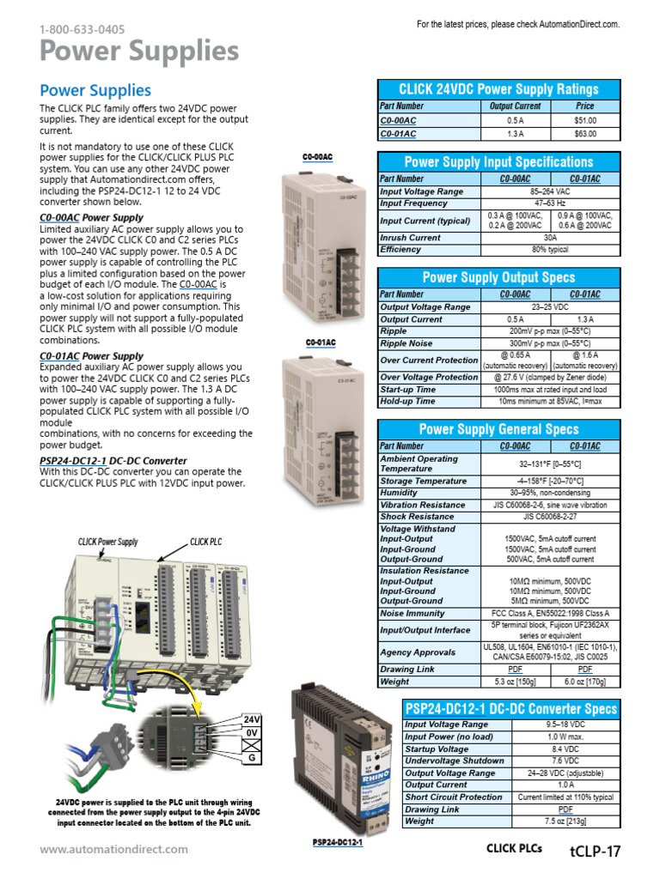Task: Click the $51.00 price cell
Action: pyautogui.click(x=584, y=121)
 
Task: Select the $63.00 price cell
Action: pyautogui.click(x=584, y=134)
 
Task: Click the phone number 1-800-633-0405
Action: pyautogui.click(x=82, y=29)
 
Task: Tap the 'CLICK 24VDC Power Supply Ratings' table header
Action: pyautogui.click(x=498, y=89)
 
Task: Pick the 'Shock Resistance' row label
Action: pyautogui.click(x=418, y=517)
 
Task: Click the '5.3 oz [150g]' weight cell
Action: pyautogui.click(x=515, y=682)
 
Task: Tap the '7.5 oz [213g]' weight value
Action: pyautogui.click(x=565, y=821)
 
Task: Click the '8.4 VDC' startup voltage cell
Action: pyautogui.click(x=565, y=749)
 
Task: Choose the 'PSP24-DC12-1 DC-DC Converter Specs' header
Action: pyautogui.click(x=511, y=709)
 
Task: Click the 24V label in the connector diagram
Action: pyautogui.click(x=252, y=719)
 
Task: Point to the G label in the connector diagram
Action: pyautogui.click(x=252, y=759)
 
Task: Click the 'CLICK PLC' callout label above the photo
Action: pyautogui.click(x=205, y=543)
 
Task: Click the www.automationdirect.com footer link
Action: pyautogui.click(x=113, y=849)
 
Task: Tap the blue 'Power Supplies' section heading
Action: pyautogui.click(x=95, y=90)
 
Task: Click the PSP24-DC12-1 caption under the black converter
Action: pyautogui.click(x=338, y=843)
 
